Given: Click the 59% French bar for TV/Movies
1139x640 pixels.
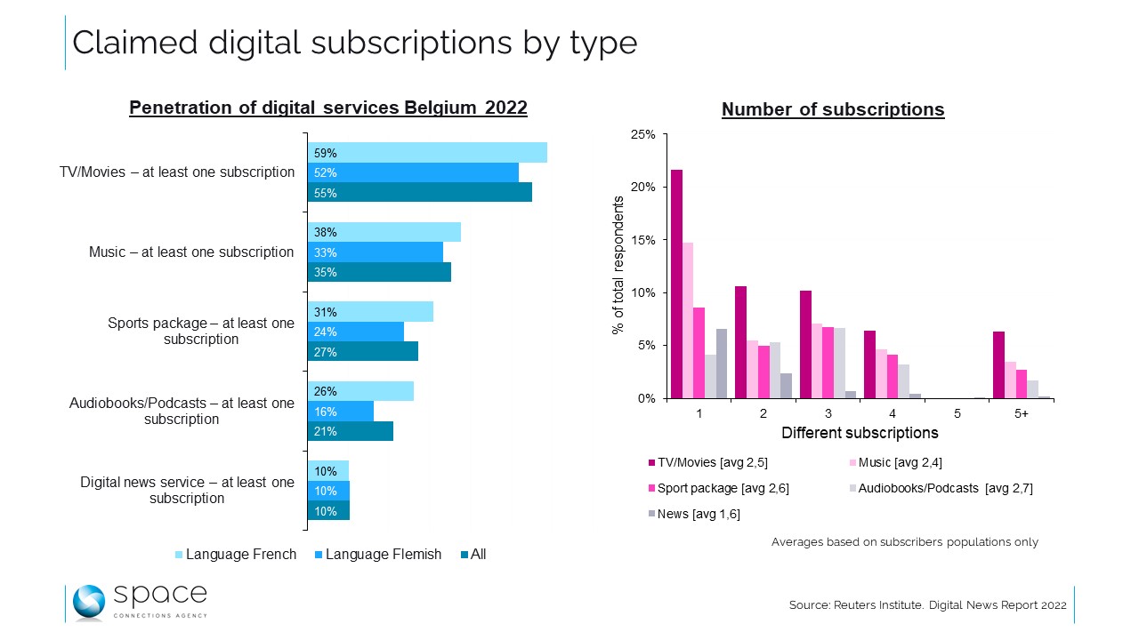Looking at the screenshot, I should point(427,152).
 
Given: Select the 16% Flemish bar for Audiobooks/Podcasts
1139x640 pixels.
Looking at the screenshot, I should point(341,411).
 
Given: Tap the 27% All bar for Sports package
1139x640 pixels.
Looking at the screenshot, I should point(363,351).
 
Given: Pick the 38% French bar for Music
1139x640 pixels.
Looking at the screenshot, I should point(384,232).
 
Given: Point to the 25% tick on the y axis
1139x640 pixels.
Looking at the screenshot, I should point(643,134).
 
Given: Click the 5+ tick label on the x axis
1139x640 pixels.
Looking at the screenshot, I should point(1022,414).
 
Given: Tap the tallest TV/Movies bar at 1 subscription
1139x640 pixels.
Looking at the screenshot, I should point(676,284).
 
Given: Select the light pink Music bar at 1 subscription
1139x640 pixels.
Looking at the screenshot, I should point(688,320).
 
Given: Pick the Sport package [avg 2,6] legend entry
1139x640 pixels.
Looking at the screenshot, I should point(718,488).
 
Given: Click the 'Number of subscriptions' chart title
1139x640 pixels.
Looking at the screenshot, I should point(832,110).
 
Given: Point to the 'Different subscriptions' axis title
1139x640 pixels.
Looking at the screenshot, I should point(860,434).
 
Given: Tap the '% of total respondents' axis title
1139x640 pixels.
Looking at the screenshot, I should point(618,265).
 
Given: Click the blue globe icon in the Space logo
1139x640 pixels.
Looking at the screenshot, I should point(89,603).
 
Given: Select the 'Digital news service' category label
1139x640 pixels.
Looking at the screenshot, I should point(186,490).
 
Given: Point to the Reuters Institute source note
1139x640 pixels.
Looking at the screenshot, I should point(927,605).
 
